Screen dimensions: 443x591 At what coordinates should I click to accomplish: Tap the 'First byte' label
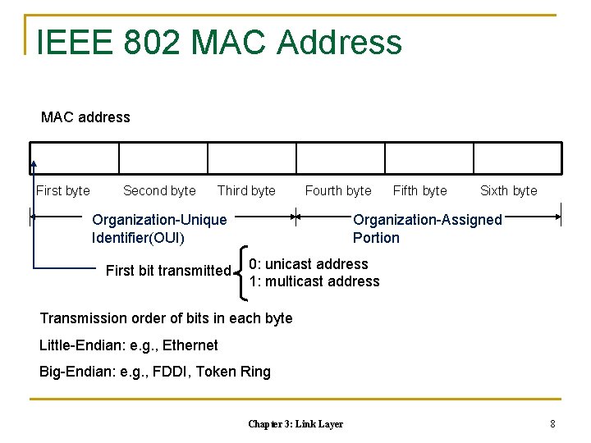63,190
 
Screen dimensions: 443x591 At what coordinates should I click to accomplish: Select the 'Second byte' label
159,190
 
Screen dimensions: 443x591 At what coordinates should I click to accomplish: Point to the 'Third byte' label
246,190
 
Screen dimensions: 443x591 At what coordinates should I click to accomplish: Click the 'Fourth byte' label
338,190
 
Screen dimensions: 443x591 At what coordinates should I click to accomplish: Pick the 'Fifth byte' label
420,190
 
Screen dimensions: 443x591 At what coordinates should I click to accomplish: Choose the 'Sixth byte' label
508,190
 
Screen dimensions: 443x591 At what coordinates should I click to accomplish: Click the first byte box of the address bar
76,158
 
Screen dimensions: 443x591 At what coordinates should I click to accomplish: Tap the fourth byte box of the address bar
341,158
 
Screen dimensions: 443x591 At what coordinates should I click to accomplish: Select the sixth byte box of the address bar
517,158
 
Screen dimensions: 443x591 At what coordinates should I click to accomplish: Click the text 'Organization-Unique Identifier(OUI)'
159,229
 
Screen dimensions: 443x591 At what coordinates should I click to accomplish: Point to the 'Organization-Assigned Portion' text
427,229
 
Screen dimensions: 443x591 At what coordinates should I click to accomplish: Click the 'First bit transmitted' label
168,271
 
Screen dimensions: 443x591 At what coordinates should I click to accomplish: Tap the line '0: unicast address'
309,263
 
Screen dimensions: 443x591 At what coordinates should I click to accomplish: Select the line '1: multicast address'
314,281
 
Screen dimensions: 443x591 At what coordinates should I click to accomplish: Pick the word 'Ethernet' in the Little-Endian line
190,345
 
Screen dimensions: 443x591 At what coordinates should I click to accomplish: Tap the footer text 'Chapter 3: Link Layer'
295,424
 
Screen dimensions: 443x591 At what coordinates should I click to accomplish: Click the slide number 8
552,424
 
